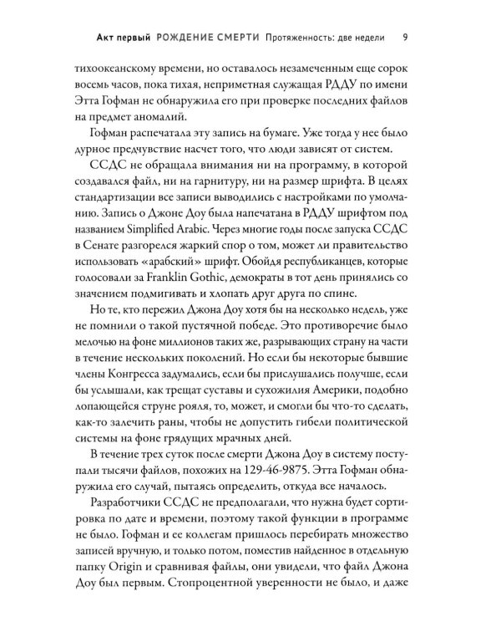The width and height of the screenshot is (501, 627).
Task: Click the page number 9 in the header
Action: click(404, 36)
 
